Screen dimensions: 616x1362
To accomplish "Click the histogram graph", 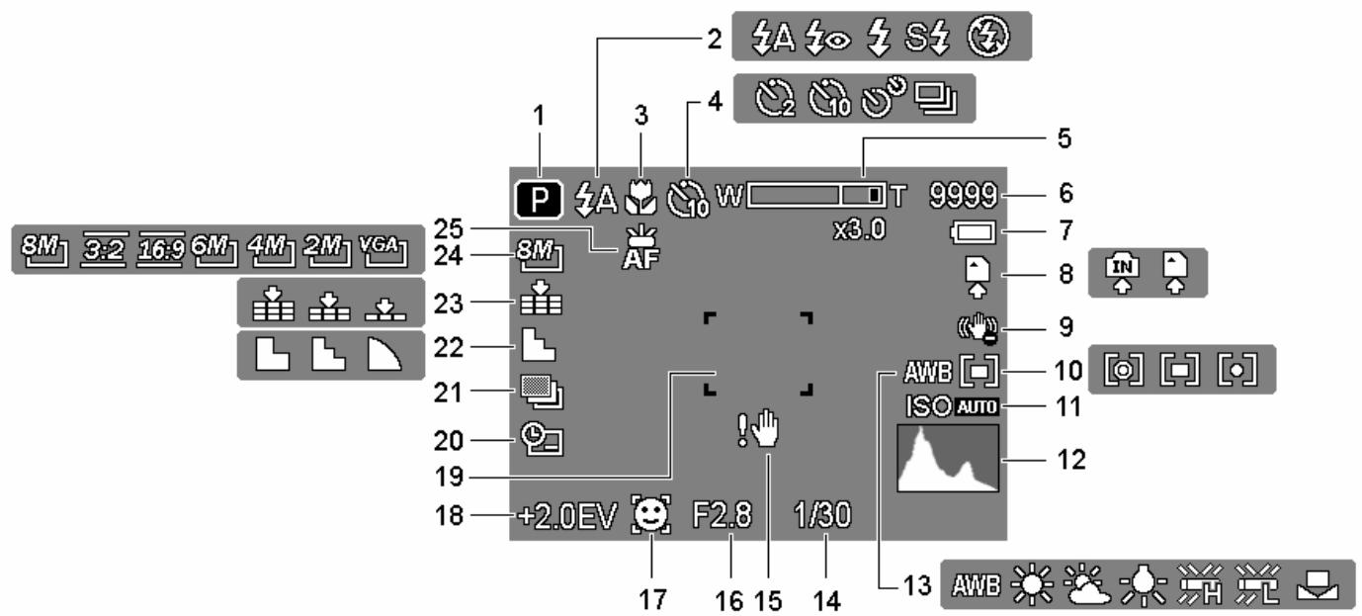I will pos(948,459).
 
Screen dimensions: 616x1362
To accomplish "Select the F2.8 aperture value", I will pos(723,515).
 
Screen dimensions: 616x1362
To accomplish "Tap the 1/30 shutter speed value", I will pos(822,515).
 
